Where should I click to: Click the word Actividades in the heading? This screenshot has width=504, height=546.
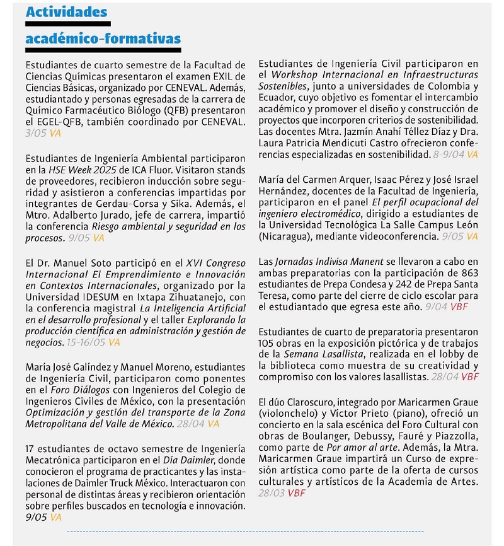click(66, 12)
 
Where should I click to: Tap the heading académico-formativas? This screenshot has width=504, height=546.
click(103, 39)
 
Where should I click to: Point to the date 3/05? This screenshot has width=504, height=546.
click(36, 133)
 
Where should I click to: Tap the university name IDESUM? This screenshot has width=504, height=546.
click(98, 296)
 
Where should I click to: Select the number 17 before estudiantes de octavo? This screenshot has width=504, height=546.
click(30, 448)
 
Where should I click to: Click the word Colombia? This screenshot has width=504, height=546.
click(448, 86)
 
